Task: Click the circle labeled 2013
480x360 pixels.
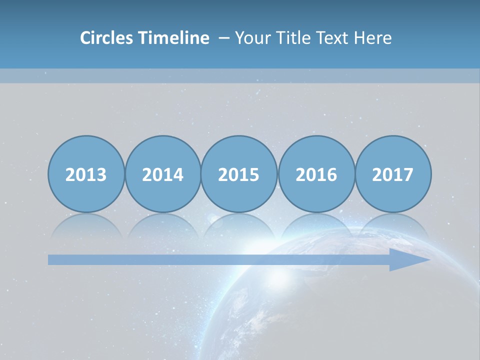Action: pyautogui.click(x=86, y=174)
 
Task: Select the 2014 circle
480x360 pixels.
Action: pyautogui.click(x=162, y=174)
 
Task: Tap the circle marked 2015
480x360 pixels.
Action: pyautogui.click(x=239, y=174)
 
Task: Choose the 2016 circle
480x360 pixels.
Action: pyautogui.click(x=316, y=174)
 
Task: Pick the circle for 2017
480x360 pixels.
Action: pyautogui.click(x=392, y=174)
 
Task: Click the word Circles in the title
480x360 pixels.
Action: pyautogui.click(x=107, y=38)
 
